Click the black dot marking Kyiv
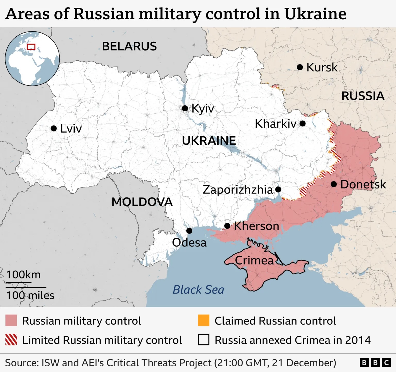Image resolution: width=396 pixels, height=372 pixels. point(185,108)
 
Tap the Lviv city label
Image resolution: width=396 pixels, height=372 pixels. point(71,129)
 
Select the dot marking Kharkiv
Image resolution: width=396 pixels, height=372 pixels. point(303,123)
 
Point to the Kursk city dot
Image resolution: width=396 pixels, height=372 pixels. point(300,67)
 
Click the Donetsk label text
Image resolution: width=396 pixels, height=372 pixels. point(363,185)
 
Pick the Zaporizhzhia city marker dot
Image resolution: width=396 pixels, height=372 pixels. point(278,190)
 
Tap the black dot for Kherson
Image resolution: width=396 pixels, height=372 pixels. point(227,226)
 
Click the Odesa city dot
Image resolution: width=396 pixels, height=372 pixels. point(189,231)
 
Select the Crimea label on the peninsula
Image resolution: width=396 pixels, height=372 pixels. point(254,260)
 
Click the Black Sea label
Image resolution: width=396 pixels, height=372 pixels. point(198,290)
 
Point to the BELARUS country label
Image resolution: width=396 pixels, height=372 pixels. point(129,46)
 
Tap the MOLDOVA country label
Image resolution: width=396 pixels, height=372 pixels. point(142,202)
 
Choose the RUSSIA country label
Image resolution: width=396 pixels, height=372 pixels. point(363,96)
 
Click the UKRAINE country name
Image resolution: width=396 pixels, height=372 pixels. point(209,141)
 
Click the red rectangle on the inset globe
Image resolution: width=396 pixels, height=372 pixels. point(31,47)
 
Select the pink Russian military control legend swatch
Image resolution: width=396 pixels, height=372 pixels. point(11,320)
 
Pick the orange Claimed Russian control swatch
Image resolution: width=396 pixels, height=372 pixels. point(203,320)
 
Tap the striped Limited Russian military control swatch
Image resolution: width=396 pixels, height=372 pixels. point(11,340)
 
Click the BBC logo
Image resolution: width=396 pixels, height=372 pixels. point(375,363)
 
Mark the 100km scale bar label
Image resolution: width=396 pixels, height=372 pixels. point(23,275)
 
